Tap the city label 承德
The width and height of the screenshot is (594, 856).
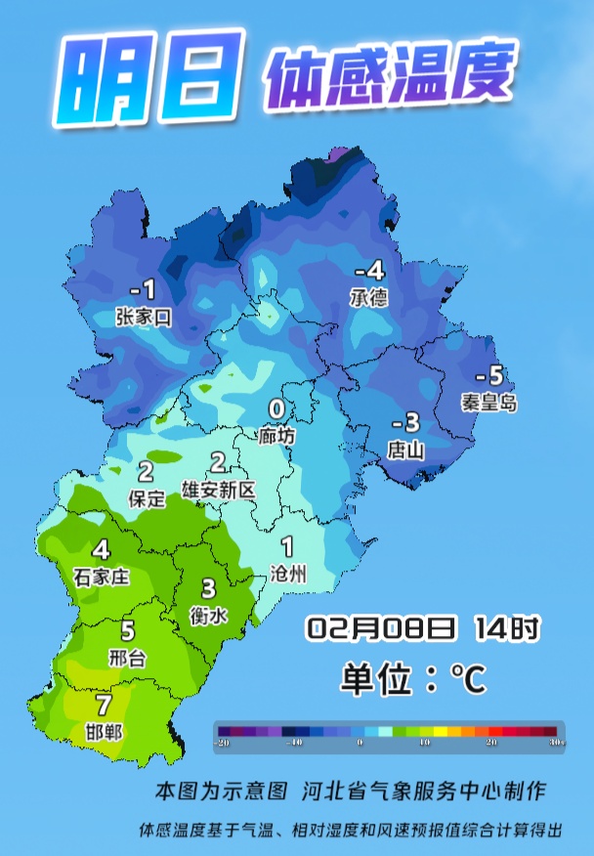(368, 297)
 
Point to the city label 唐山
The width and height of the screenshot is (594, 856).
(404, 449)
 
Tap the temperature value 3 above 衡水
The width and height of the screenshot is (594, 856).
(208, 588)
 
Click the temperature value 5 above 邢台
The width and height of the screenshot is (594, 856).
(127, 631)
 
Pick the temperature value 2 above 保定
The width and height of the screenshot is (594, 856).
(146, 472)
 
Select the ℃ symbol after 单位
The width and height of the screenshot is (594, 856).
(468, 677)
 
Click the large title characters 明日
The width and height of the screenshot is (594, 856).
(147, 79)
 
